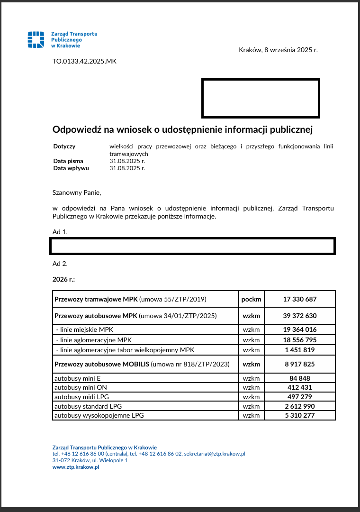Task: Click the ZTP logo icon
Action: point(36,40)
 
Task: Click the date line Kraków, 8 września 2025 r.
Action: point(278,50)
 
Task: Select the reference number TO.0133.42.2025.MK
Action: point(84,61)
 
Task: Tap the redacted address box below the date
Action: point(261,98)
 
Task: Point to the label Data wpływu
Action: point(71,168)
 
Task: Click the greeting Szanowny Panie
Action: point(77,192)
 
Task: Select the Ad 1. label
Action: point(60,232)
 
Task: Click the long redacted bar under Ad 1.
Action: point(192,246)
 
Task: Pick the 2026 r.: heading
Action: point(63,279)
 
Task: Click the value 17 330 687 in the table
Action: point(299,299)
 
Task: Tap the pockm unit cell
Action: point(251,299)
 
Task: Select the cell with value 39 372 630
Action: point(299,316)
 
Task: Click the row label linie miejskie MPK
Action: point(85,329)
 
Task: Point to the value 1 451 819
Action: point(299,350)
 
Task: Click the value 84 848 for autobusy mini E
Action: point(299,378)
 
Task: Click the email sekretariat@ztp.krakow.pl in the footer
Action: point(214,454)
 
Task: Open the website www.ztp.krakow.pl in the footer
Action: point(76,467)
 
